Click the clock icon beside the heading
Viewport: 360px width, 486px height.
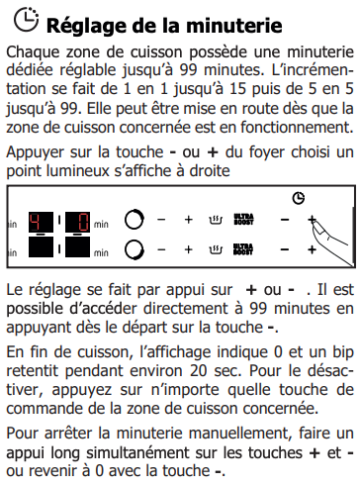26,20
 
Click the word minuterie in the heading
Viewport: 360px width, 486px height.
234,26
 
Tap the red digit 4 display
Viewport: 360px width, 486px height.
41,222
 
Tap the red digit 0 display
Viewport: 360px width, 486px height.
77,222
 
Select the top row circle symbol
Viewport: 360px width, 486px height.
135,219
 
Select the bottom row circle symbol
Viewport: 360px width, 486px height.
135,249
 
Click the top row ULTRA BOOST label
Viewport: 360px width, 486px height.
243,220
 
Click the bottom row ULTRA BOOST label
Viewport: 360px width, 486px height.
243,249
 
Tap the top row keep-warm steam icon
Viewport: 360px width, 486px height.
216,220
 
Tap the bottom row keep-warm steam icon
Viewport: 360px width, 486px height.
216,249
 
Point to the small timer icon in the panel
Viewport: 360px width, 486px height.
299,198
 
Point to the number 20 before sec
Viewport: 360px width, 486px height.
199,371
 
